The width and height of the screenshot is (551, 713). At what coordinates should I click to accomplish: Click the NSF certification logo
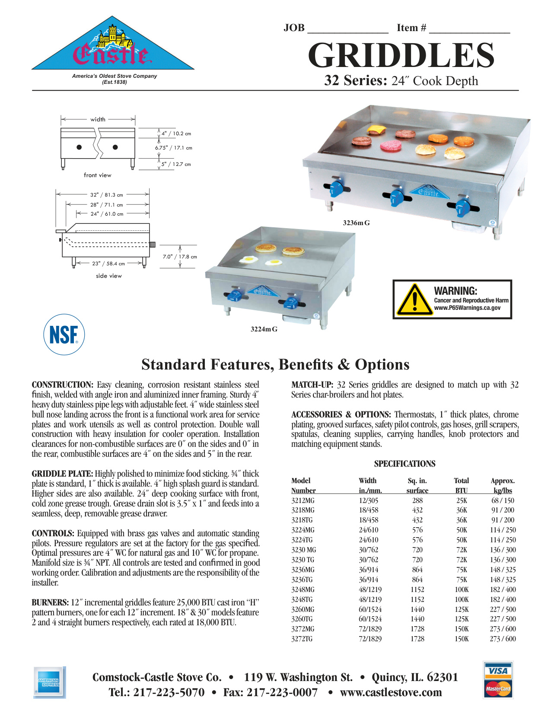[64, 334]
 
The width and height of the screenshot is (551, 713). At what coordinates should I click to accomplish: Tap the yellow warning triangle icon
[414, 299]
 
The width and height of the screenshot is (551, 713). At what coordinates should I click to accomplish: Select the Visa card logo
[498, 671]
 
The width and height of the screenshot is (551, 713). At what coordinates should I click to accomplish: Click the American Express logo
[49, 682]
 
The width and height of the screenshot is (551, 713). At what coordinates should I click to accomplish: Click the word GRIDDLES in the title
[401, 56]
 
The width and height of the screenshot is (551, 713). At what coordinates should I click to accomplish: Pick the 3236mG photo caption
[356, 223]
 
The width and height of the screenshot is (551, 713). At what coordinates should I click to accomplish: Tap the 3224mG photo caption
[264, 329]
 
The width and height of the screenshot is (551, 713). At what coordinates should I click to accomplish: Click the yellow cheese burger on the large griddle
[376, 130]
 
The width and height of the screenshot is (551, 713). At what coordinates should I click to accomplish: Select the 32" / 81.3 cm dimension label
[106, 195]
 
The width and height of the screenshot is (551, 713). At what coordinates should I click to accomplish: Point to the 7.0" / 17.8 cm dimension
[180, 257]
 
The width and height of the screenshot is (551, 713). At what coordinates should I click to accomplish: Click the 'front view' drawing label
[98, 175]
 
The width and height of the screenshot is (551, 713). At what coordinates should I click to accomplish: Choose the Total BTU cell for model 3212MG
[462, 500]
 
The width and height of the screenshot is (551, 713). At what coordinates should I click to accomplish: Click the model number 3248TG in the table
[302, 599]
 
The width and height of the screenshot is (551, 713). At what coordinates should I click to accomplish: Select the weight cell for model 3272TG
[503, 639]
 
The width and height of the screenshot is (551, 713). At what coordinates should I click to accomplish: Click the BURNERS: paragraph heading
[50, 602]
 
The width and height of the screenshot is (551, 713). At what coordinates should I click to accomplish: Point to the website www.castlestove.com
[391, 692]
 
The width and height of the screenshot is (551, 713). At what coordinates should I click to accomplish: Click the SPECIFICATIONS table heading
[404, 464]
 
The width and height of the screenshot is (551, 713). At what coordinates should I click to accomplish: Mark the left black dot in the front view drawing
[79, 147]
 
